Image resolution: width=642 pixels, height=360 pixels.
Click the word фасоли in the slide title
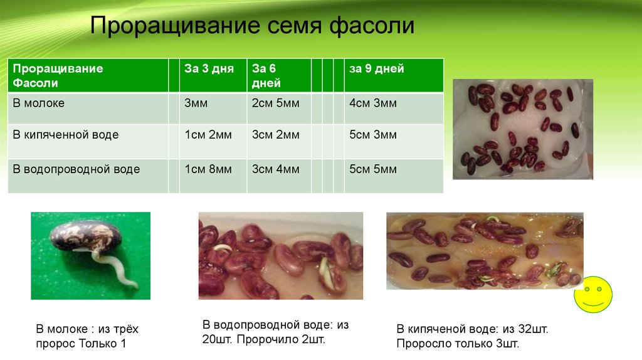(x=372, y=25)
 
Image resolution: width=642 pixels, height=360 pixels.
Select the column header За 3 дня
(x=209, y=68)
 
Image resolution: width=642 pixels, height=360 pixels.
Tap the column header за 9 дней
(x=377, y=68)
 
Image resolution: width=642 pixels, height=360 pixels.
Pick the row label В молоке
(x=38, y=103)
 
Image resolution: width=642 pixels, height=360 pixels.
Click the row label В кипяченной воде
(x=65, y=135)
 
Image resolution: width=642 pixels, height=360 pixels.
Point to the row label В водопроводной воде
(x=76, y=169)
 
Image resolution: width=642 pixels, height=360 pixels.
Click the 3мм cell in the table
(x=196, y=103)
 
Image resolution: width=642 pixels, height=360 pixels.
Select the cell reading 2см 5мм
(x=276, y=103)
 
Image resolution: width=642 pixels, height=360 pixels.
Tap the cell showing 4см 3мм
(x=373, y=103)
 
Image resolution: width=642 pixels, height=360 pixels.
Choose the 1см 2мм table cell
(x=208, y=135)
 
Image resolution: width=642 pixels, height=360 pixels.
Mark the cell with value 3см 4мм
(x=276, y=169)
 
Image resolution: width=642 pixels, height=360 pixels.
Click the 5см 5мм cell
(x=373, y=169)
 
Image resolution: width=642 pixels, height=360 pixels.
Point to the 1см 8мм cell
(x=208, y=169)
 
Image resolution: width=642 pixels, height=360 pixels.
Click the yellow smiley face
(x=593, y=295)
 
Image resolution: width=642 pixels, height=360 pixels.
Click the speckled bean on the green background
(x=87, y=236)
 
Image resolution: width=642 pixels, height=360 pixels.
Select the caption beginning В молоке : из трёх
(x=87, y=336)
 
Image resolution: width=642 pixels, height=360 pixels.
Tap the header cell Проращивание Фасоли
(x=58, y=76)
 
